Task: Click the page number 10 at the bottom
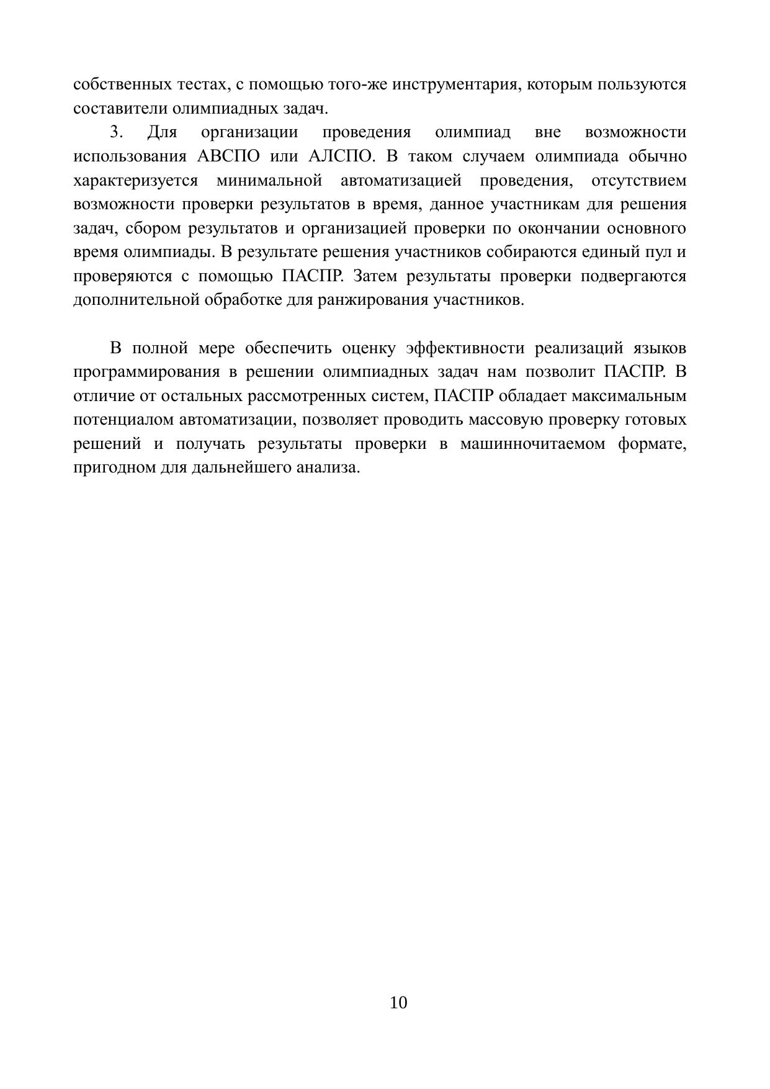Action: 398,1003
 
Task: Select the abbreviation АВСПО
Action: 228,156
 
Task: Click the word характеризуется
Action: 135,181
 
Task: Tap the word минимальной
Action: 269,181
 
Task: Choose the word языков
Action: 660,348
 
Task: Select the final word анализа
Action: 334,468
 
